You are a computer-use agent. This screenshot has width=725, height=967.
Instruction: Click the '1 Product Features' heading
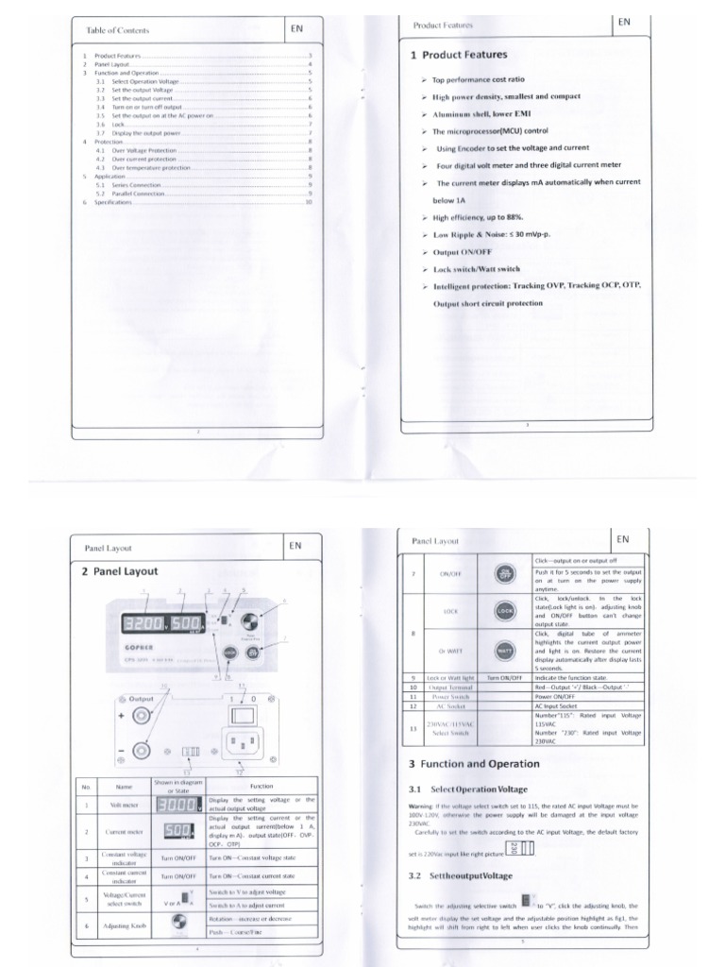[x=459, y=55]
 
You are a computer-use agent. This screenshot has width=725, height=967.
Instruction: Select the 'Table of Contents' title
[x=117, y=30]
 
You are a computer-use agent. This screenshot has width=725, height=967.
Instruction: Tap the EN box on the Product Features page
[x=623, y=21]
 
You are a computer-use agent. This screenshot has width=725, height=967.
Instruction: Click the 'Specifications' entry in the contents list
[x=113, y=202]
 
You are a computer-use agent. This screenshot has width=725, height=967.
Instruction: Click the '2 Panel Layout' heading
[x=120, y=570]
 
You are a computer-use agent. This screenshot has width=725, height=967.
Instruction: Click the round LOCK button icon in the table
[x=501, y=611]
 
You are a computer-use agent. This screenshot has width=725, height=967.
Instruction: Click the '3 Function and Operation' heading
[x=474, y=763]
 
